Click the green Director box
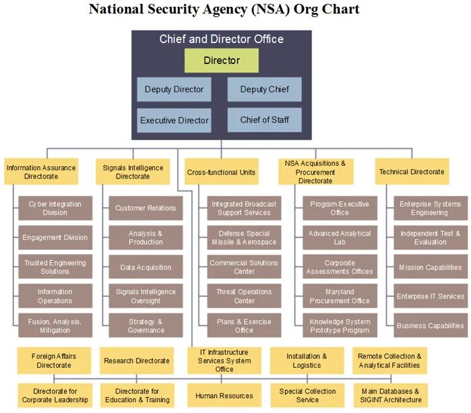pos(222,61)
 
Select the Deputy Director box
pos(174,90)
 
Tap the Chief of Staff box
pos(264,120)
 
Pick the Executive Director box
pos(174,121)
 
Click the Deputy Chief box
pos(264,90)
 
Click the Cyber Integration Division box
pos(55,208)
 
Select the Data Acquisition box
pos(146,267)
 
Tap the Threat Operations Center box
pos(244,296)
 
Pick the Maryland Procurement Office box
pos(340,296)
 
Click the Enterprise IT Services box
pos(431,296)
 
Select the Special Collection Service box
pos(307,395)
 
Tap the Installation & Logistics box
pos(307,360)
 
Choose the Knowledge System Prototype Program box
pos(340,326)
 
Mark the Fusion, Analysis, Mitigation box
pos(55,326)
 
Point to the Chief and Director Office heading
pos(222,39)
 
